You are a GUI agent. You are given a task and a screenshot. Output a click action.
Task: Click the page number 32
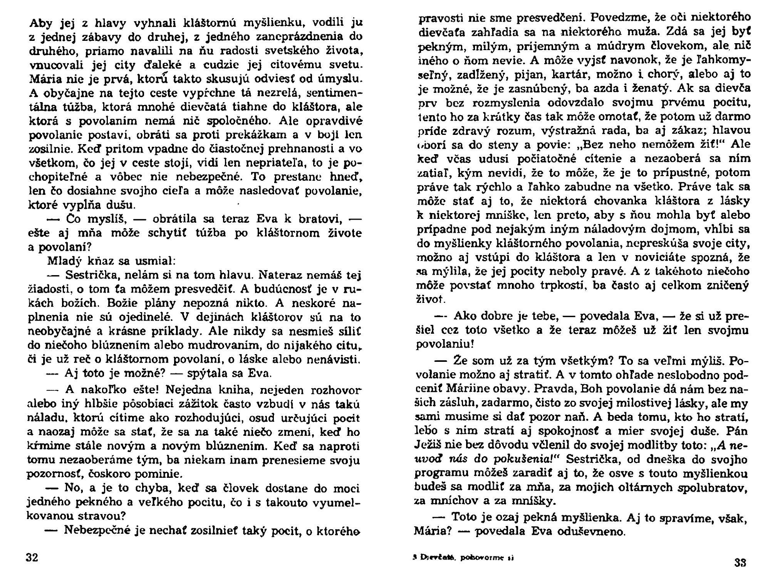pyautogui.click(x=32, y=558)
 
